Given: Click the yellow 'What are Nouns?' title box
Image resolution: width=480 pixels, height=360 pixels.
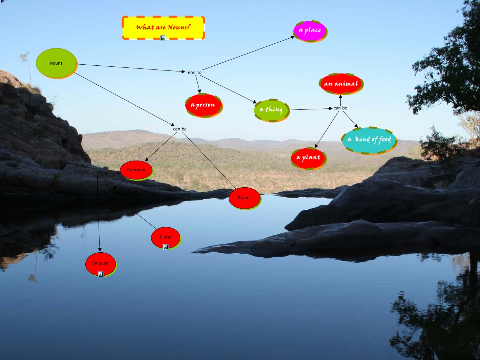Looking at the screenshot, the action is (x=163, y=27).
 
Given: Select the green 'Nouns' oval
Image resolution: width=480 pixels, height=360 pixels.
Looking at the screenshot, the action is (x=56, y=63).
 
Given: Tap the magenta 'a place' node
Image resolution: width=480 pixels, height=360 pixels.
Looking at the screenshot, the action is (x=310, y=30).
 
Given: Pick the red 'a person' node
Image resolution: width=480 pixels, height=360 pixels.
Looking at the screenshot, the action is (x=203, y=105).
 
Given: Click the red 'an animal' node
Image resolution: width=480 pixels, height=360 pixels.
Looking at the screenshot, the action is (x=341, y=84).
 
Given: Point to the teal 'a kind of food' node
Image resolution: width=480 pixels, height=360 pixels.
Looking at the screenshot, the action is (x=369, y=140).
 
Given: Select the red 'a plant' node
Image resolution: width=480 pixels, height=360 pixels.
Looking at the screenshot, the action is (x=308, y=157).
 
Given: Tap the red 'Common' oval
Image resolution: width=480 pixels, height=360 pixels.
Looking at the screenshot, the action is (x=136, y=170).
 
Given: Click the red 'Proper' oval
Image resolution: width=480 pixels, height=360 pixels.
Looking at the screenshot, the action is (x=244, y=198).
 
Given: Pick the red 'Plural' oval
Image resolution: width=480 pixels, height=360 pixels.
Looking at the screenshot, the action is (x=165, y=237).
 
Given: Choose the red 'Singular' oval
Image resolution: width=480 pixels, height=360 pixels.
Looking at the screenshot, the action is (x=101, y=263).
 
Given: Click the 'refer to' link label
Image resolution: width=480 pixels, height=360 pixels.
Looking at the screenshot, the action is (x=194, y=72).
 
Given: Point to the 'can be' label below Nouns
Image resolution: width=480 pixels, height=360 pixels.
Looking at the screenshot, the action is (x=180, y=129).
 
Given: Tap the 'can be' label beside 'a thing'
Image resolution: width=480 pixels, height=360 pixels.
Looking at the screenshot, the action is (x=340, y=108).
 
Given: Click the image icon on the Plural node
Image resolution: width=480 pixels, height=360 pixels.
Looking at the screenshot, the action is (x=166, y=247).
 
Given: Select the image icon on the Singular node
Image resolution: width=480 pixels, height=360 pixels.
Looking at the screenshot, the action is (x=101, y=274).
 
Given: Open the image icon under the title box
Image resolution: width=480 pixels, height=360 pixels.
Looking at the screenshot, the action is (x=163, y=38).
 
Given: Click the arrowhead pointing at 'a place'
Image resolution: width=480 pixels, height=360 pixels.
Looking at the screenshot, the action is (x=293, y=38).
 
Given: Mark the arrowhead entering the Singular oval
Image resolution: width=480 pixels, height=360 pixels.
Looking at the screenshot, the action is (x=100, y=250).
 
